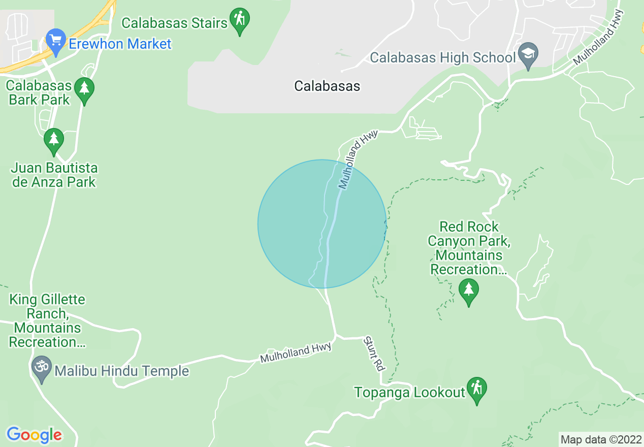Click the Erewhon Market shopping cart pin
click(x=55, y=39)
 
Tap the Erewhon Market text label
click(x=120, y=44)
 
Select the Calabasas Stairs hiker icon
click(x=240, y=20)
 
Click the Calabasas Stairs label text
click(x=175, y=23)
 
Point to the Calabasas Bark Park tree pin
click(x=84, y=89)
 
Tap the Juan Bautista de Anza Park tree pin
click(x=53, y=140)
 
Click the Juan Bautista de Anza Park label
click(x=54, y=175)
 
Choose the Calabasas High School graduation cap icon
click(x=528, y=54)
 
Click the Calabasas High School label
click(x=443, y=57)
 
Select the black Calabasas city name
click(x=327, y=86)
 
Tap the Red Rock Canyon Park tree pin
click(x=468, y=290)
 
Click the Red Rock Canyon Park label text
click(x=469, y=247)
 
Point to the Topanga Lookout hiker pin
click(x=476, y=389)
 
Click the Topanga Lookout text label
click(x=410, y=392)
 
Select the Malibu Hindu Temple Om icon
click(x=41, y=367)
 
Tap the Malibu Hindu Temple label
click(x=122, y=371)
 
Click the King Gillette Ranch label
click(x=48, y=321)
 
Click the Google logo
click(x=35, y=435)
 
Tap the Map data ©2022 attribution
click(x=601, y=439)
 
